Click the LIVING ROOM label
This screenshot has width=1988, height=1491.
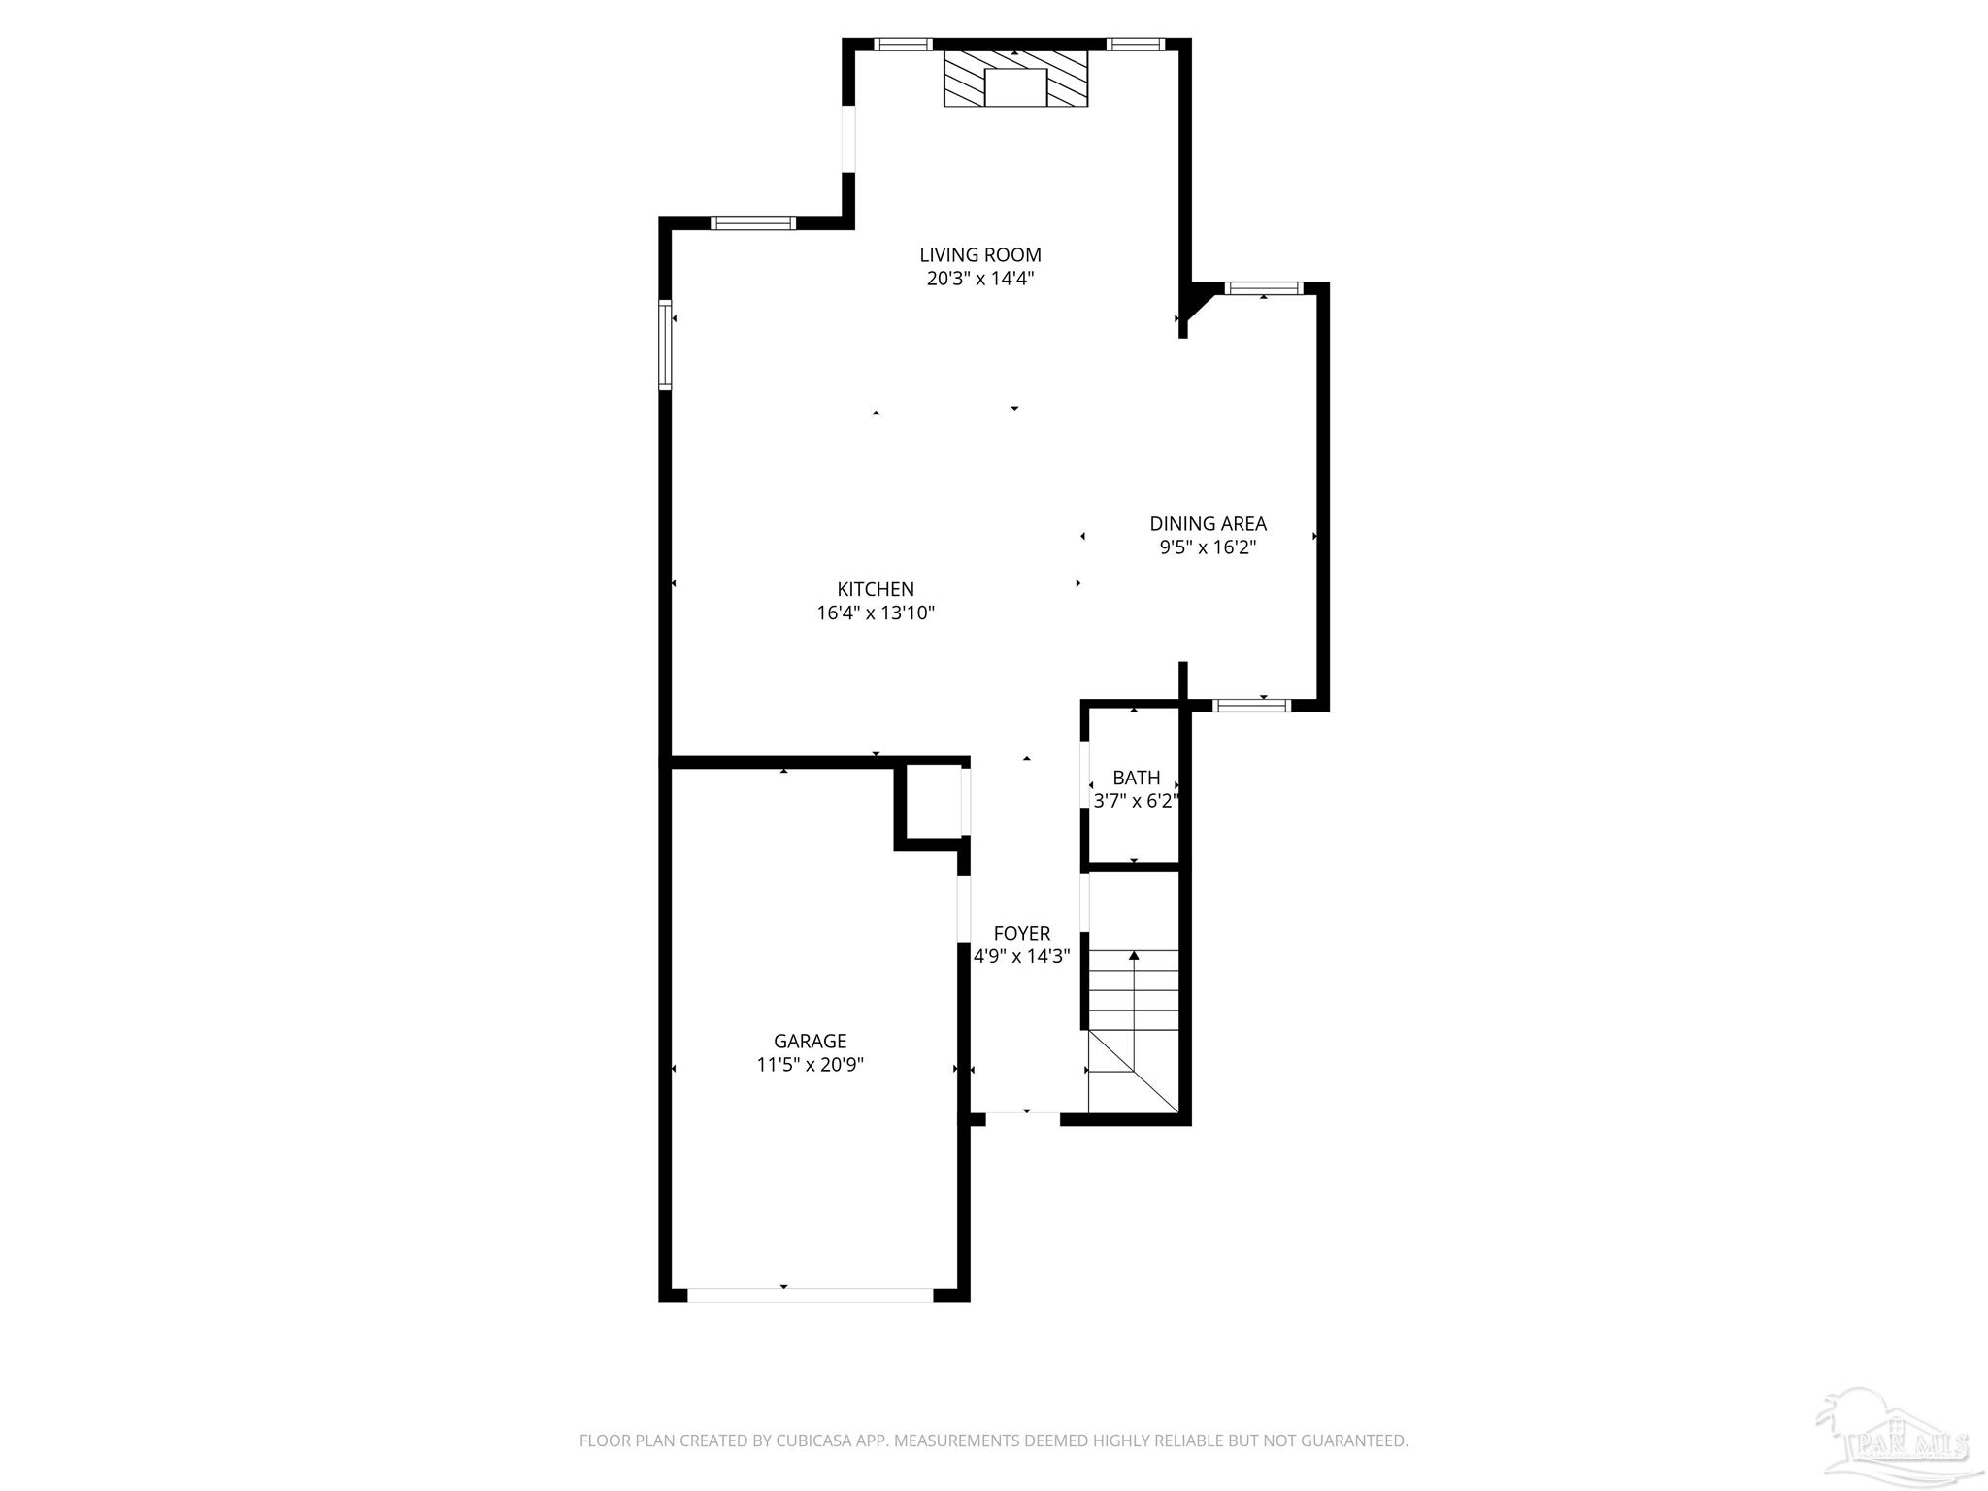[x=980, y=255]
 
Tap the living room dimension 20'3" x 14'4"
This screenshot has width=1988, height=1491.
[x=980, y=280]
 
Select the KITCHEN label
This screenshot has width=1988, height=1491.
[x=876, y=589]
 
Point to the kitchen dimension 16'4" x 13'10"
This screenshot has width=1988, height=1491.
[x=876, y=613]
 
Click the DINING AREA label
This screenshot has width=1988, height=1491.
[x=1208, y=524]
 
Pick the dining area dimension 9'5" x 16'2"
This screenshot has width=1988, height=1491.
[x=1208, y=547]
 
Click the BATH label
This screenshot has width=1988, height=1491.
[x=1136, y=778]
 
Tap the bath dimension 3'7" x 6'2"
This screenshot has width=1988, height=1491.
[x=1136, y=802]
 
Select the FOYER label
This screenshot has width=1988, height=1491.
[x=1021, y=933]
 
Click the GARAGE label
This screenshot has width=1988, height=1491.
[x=810, y=1041]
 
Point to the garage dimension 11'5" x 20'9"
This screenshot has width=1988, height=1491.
[x=810, y=1065]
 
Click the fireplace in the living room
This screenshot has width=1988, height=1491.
[x=1015, y=80]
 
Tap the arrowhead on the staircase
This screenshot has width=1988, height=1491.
[x=1134, y=956]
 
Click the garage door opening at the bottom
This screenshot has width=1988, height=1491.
[x=810, y=1295]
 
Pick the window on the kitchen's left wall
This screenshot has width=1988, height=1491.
[x=665, y=345]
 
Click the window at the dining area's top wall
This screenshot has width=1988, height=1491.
[x=1262, y=288]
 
